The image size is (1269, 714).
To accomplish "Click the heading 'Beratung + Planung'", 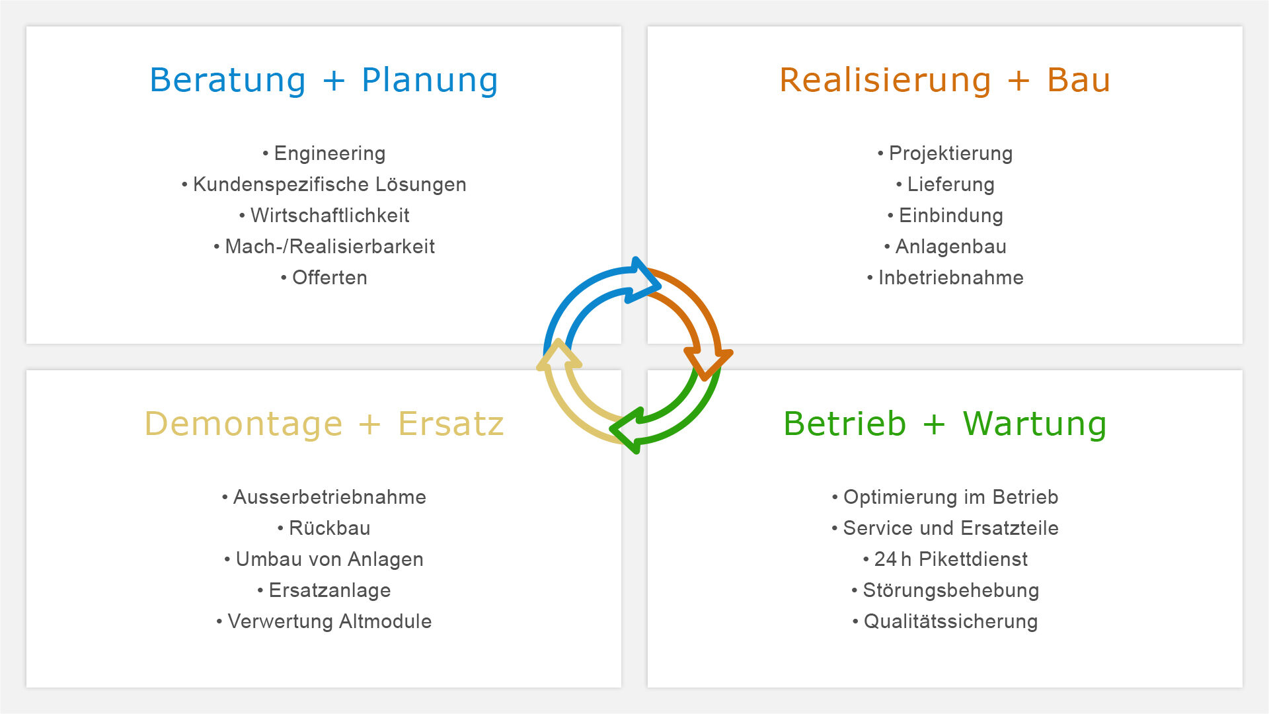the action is point(324,81).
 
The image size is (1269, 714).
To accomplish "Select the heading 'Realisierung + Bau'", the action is point(945,81).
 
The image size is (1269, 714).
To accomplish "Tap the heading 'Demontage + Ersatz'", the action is point(324,424).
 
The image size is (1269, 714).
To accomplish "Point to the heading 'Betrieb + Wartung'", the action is point(945,424).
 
